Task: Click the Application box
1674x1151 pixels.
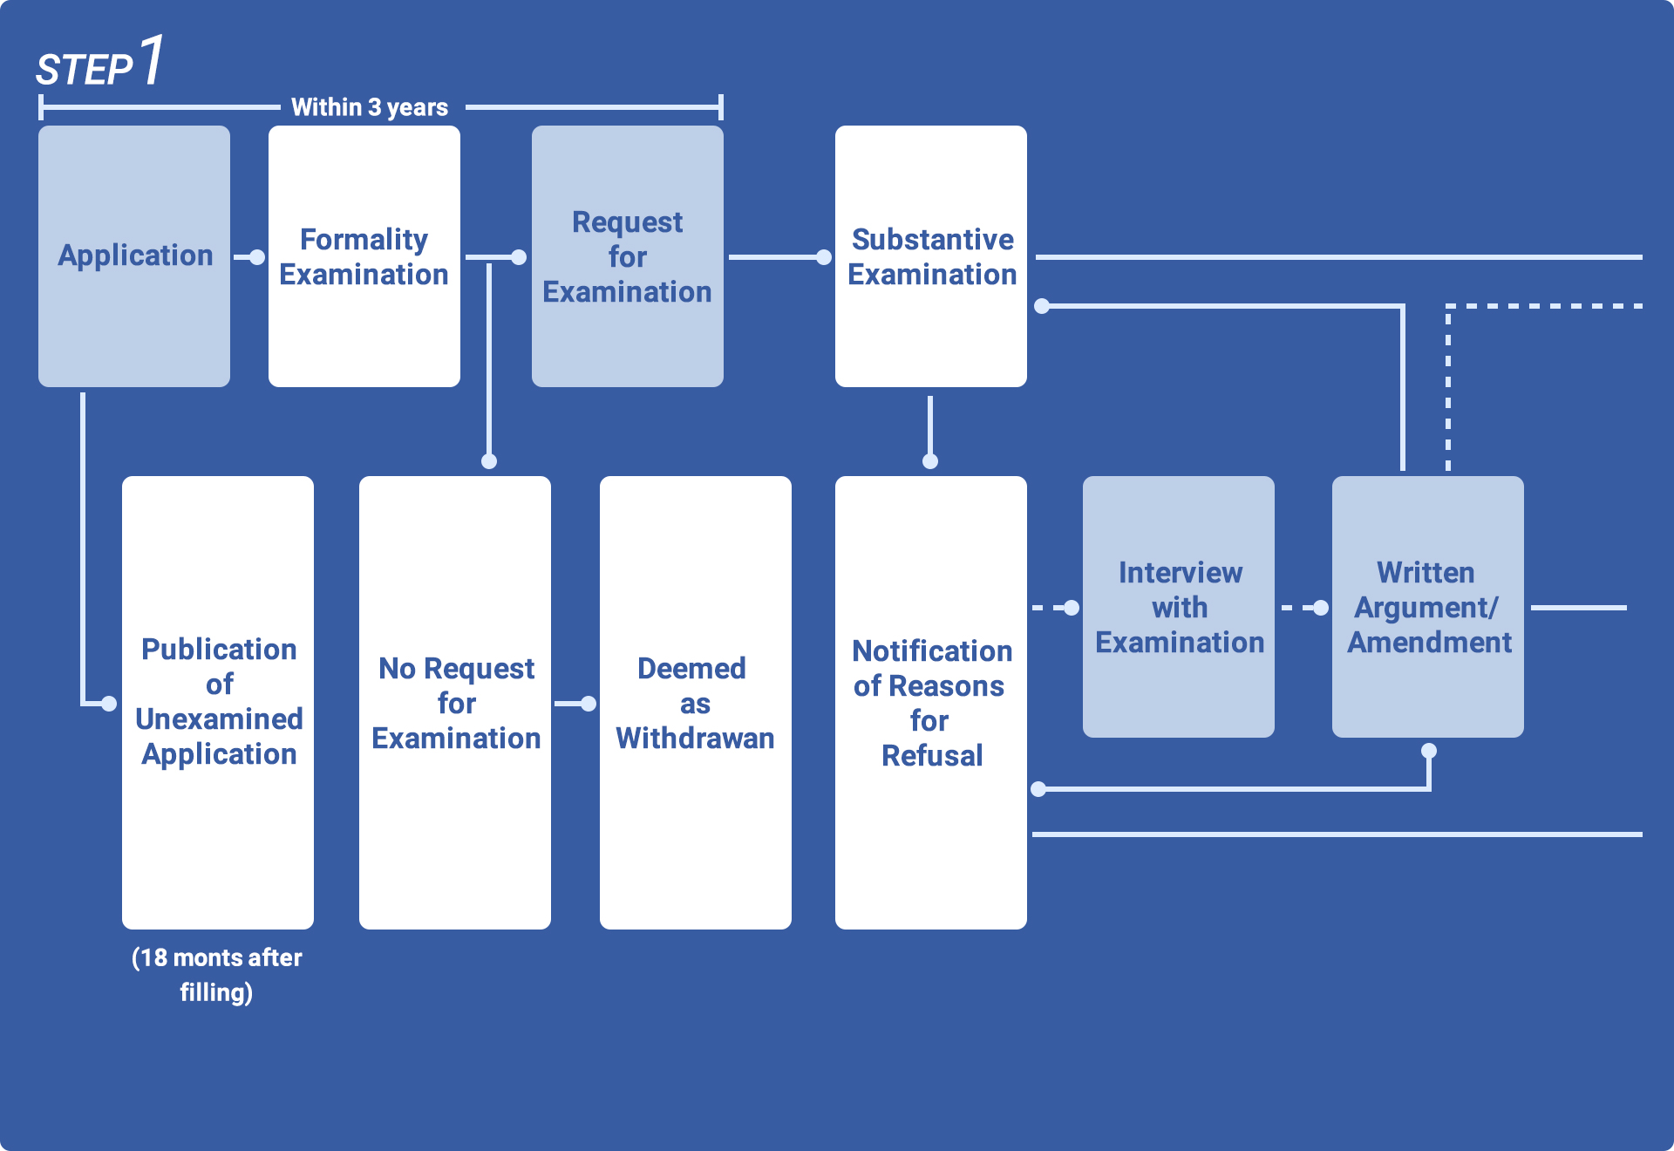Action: point(134,255)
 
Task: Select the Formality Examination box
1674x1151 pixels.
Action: point(364,255)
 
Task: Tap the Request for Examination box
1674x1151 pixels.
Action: point(627,255)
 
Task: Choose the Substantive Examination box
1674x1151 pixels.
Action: point(930,255)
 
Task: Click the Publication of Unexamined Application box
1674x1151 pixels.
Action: point(218,701)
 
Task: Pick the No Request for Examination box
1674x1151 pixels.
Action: point(455,702)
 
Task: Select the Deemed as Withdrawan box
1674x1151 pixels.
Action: point(695,702)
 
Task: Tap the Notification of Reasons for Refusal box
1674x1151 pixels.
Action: point(930,702)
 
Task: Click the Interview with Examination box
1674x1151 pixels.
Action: point(1179,606)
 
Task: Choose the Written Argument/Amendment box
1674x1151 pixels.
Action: point(1427,606)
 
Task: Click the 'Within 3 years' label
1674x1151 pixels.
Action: point(370,107)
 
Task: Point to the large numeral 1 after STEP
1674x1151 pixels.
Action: point(152,60)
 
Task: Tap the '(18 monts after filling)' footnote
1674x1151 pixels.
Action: point(216,975)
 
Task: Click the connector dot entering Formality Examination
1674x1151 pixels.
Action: point(257,257)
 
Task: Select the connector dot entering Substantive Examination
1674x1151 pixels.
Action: point(824,257)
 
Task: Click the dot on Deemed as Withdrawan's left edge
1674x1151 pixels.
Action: point(589,704)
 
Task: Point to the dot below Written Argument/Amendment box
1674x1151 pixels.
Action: point(1429,751)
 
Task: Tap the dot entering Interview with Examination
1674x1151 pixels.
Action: point(1072,608)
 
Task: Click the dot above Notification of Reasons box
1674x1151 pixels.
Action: point(930,461)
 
